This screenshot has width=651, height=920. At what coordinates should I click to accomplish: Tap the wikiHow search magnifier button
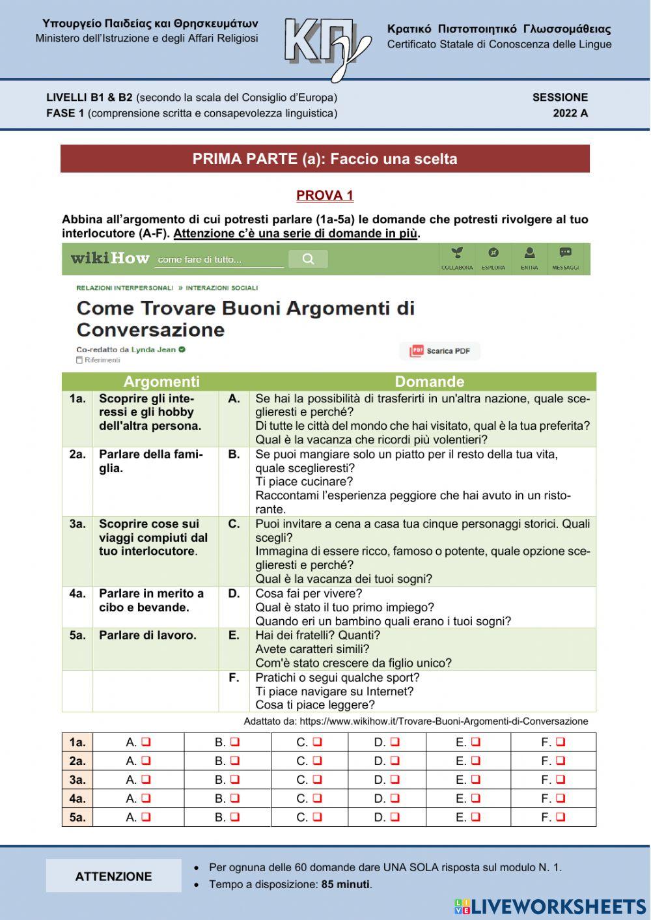pyautogui.click(x=308, y=259)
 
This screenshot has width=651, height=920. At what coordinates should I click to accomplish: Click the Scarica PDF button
pyautogui.click(x=440, y=351)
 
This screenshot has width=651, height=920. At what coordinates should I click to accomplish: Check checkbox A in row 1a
pyautogui.click(x=146, y=742)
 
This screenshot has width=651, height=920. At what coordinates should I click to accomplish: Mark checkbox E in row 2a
pyautogui.click(x=475, y=760)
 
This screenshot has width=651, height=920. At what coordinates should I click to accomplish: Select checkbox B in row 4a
pyautogui.click(x=234, y=798)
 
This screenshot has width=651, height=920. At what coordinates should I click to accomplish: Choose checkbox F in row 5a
pyautogui.click(x=561, y=816)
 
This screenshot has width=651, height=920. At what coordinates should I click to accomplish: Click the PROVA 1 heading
pyautogui.click(x=325, y=195)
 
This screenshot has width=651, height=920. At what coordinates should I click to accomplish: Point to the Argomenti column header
pyautogui.click(x=161, y=382)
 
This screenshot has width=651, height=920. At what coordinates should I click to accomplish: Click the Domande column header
pyautogui.click(x=430, y=382)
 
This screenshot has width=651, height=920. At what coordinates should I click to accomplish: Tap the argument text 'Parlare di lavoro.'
pyautogui.click(x=147, y=635)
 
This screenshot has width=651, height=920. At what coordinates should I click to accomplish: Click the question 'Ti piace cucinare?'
pyautogui.click(x=304, y=482)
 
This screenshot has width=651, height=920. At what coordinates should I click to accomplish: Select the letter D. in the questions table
pyautogui.click(x=234, y=594)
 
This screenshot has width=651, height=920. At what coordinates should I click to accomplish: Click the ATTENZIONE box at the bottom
pyautogui.click(x=113, y=876)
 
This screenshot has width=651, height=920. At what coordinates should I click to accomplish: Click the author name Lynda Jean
pyautogui.click(x=154, y=350)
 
